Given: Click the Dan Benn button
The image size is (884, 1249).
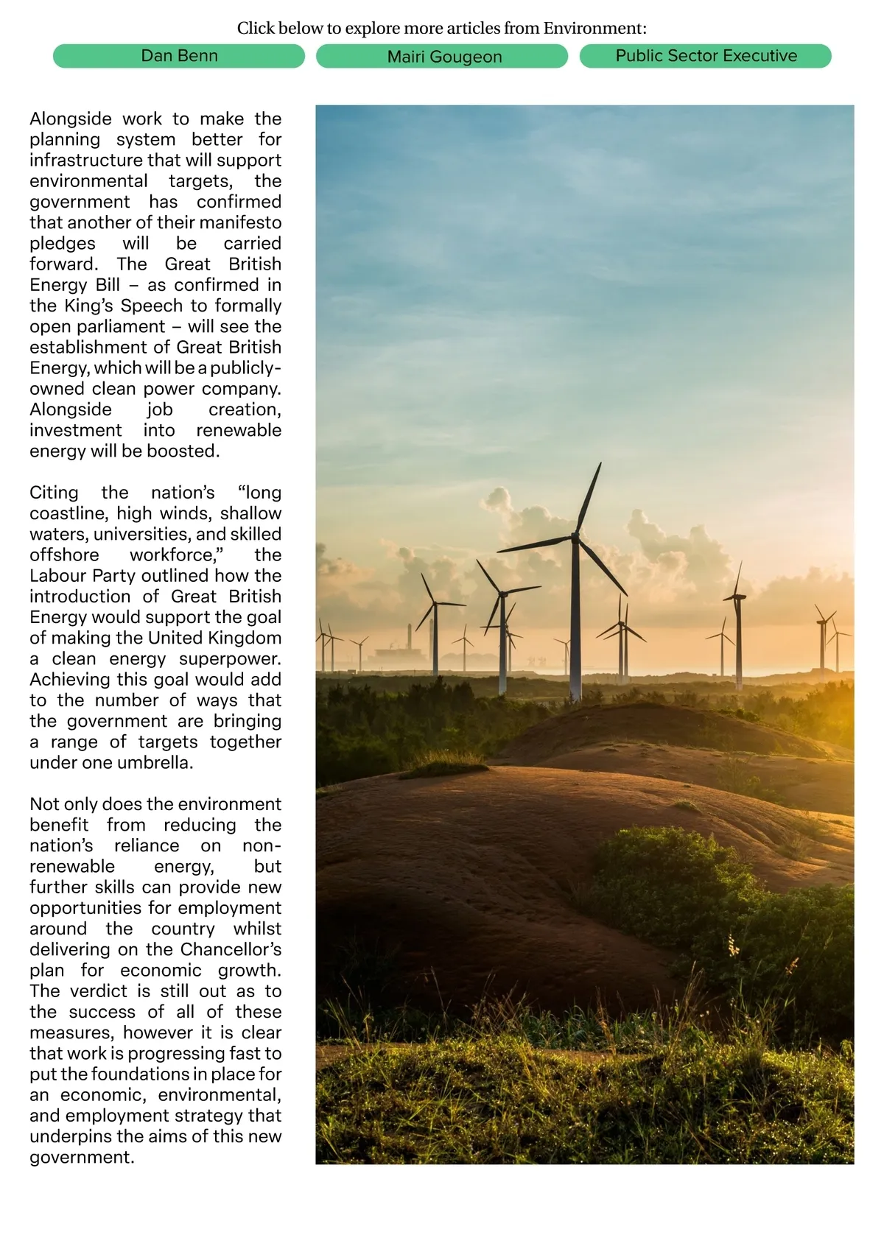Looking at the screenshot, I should pyautogui.click(x=179, y=56).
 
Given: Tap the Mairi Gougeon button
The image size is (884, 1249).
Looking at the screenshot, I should pyautogui.click(x=444, y=57).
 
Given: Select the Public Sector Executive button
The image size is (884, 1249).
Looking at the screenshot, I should pyautogui.click(x=706, y=56).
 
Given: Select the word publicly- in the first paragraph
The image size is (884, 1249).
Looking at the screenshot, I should pyautogui.click(x=246, y=367).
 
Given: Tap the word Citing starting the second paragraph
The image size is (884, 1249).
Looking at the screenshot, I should pyautogui.click(x=54, y=493).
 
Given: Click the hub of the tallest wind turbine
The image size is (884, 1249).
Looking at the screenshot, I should pyautogui.click(x=575, y=538).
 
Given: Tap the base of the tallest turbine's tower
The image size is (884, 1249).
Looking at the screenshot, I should pyautogui.click(x=575, y=696).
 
